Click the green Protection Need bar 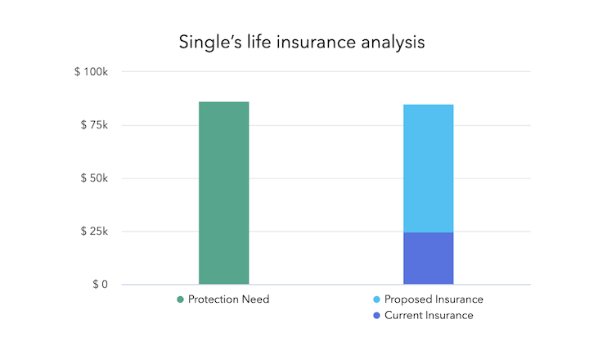coord(223,193)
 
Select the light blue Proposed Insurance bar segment coord(428,169)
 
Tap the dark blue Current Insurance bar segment coord(428,259)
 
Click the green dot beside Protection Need coord(180,299)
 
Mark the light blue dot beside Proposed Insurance coord(375,299)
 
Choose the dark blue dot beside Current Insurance coord(375,315)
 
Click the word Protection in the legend coord(214,299)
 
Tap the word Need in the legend coord(256,299)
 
